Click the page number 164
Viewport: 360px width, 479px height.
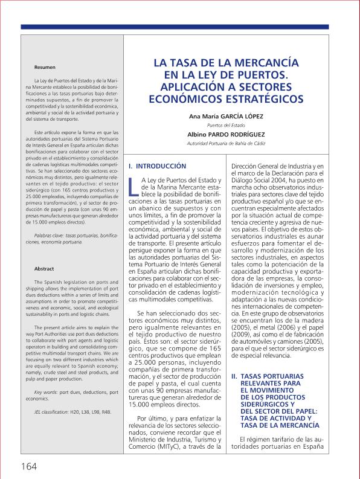pyautogui.click(x=29, y=466)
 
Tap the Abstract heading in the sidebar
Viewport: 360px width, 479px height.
pyautogui.click(x=44, y=269)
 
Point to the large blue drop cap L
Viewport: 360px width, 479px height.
pyautogui.click(x=133, y=187)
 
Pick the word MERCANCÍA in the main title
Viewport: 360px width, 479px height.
pyautogui.click(x=263, y=63)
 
